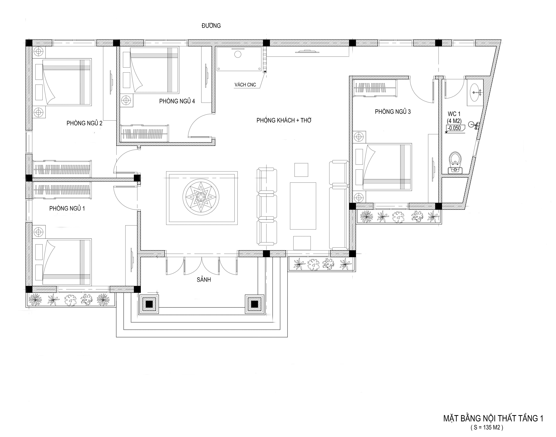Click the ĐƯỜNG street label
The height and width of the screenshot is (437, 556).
pyautogui.click(x=211, y=26)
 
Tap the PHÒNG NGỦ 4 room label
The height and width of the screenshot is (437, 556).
pyautogui.click(x=177, y=101)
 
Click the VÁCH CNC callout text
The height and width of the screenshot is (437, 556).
pyautogui.click(x=245, y=85)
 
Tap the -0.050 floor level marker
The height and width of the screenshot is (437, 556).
pyautogui.click(x=454, y=128)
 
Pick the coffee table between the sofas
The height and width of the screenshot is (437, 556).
pyautogui.click(x=303, y=206)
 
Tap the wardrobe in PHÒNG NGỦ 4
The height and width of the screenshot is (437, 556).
pyautogui.click(x=145, y=133)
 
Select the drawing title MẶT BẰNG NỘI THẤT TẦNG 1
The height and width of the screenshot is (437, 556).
pyautogui.click(x=493, y=418)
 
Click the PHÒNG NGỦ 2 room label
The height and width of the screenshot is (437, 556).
pyautogui.click(x=84, y=123)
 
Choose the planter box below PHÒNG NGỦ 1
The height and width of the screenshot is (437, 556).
pyautogui.click(x=71, y=300)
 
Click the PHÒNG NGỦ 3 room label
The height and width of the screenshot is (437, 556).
pyautogui.click(x=393, y=112)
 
